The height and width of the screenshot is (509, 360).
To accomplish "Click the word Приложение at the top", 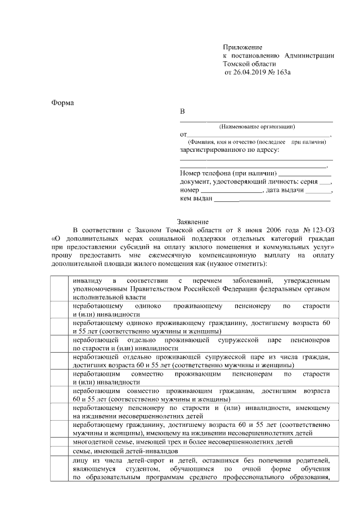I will click(x=242, y=47).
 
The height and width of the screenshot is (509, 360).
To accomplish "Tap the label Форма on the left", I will click(x=62, y=102).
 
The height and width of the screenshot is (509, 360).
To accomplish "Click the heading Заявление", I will click(x=193, y=222).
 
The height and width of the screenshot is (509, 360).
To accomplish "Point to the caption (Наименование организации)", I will click(x=256, y=126).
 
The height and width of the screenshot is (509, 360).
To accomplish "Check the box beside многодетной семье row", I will click(x=58, y=442).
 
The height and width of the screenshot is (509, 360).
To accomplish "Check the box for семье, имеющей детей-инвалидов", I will click(x=58, y=451).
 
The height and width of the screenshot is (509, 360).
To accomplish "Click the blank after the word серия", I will click(x=325, y=183).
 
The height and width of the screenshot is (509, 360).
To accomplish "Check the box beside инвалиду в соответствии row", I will click(x=58, y=288).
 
